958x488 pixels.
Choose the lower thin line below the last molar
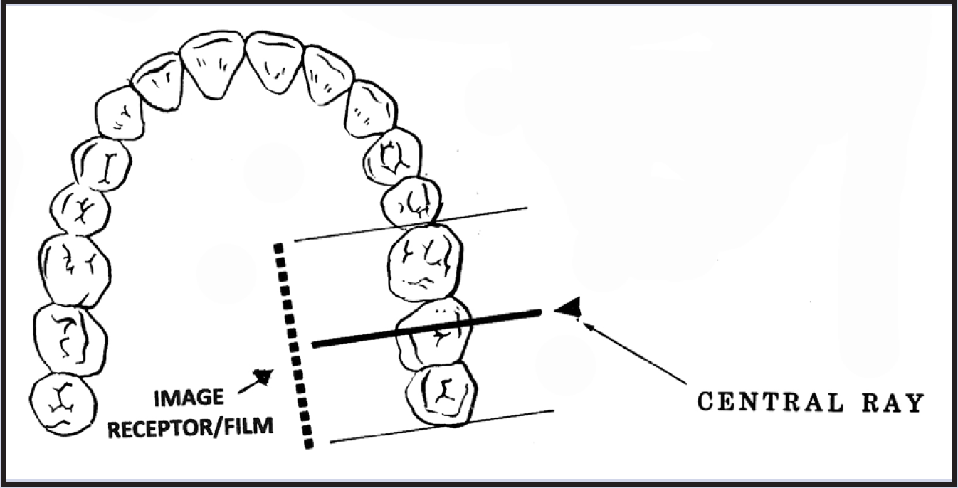pos(441,426)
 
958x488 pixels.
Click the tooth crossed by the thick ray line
pos(434,333)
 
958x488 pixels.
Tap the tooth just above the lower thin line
pos(441,393)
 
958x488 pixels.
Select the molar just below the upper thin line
pos(425,262)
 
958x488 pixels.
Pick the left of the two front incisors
pos(212,62)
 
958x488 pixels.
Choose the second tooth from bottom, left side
pos(70,339)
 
